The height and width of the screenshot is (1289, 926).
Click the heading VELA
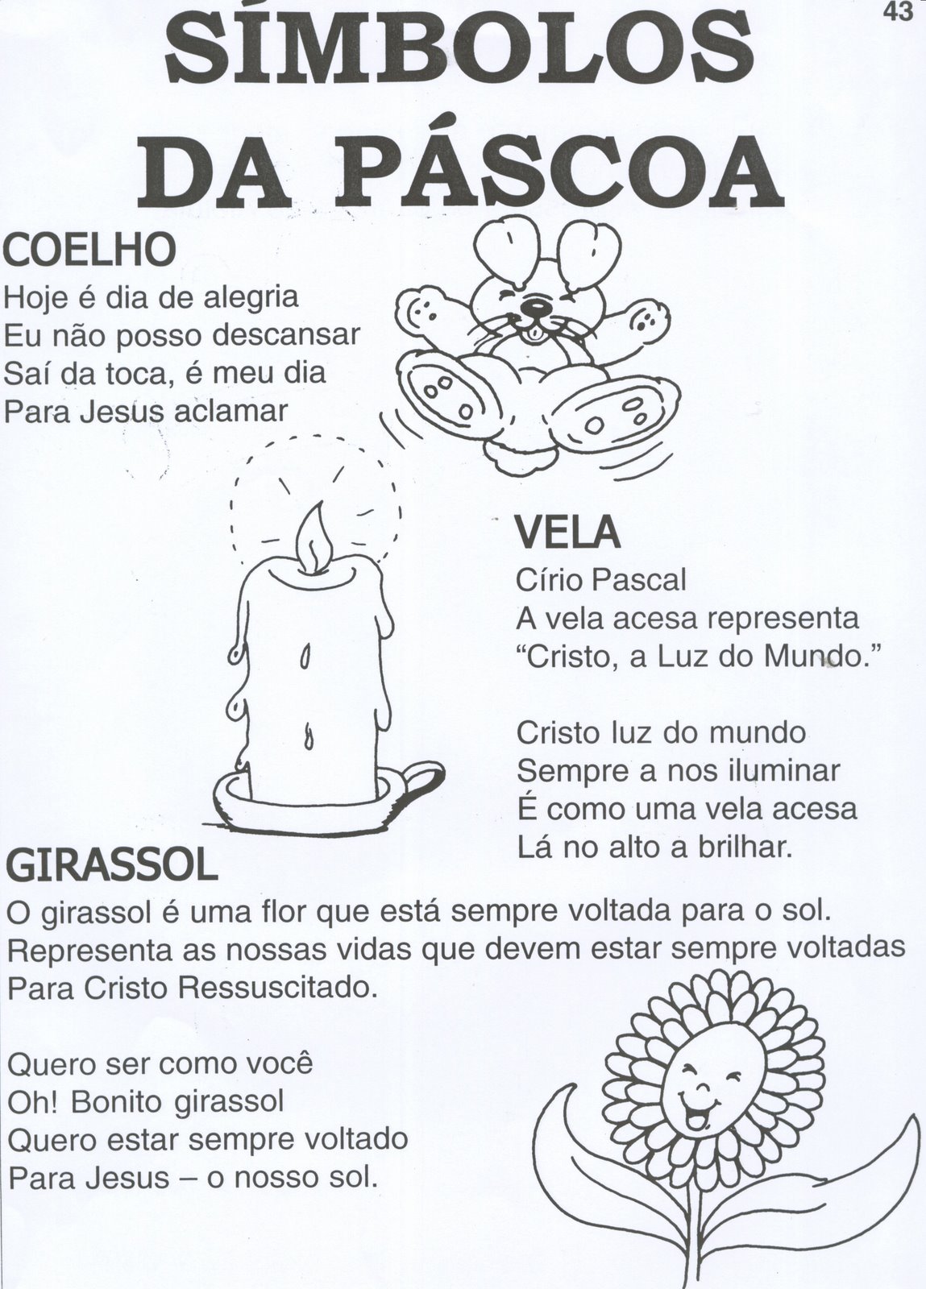point(567,532)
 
